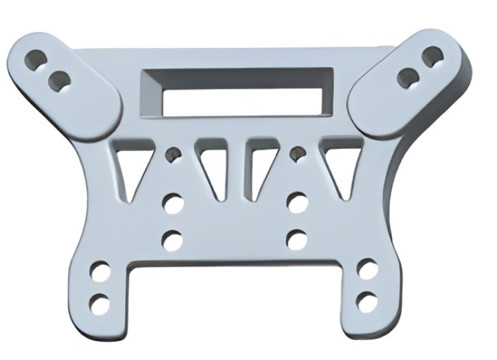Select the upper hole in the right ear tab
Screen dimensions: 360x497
(432, 56)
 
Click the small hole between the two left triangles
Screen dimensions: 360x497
(173, 154)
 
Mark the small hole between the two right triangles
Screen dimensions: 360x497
(298, 153)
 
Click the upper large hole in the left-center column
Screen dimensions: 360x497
(173, 204)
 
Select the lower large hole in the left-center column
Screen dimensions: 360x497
(173, 241)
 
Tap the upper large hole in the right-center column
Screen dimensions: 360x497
(298, 203)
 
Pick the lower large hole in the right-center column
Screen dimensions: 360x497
(297, 240)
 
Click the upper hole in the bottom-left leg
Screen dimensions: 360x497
(101, 272)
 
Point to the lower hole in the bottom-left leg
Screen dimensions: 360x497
(101, 302)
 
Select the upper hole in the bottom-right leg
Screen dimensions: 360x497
(367, 270)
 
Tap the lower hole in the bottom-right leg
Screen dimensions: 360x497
(368, 301)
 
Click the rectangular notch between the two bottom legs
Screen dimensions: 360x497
(235, 303)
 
